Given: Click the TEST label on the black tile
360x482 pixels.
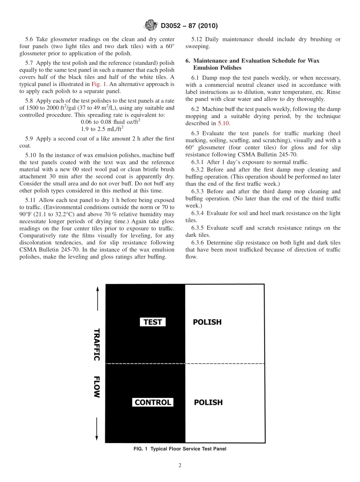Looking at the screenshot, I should (x=153, y=322).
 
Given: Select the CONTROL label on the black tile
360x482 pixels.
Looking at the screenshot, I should (x=153, y=402).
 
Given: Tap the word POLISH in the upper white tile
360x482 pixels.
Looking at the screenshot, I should (x=207, y=322).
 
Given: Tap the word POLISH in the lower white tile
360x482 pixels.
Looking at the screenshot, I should (x=208, y=402).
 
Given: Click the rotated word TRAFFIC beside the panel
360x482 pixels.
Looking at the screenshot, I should (x=97, y=344).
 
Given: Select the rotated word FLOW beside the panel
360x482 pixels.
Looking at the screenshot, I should (x=97, y=387).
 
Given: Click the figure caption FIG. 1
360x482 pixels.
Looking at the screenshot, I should (x=180, y=449).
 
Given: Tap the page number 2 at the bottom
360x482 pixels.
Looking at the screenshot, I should (x=180, y=466).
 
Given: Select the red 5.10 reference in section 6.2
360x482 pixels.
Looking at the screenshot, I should (x=224, y=123).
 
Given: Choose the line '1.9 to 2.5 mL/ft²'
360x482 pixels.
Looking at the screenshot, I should (x=102, y=128).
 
